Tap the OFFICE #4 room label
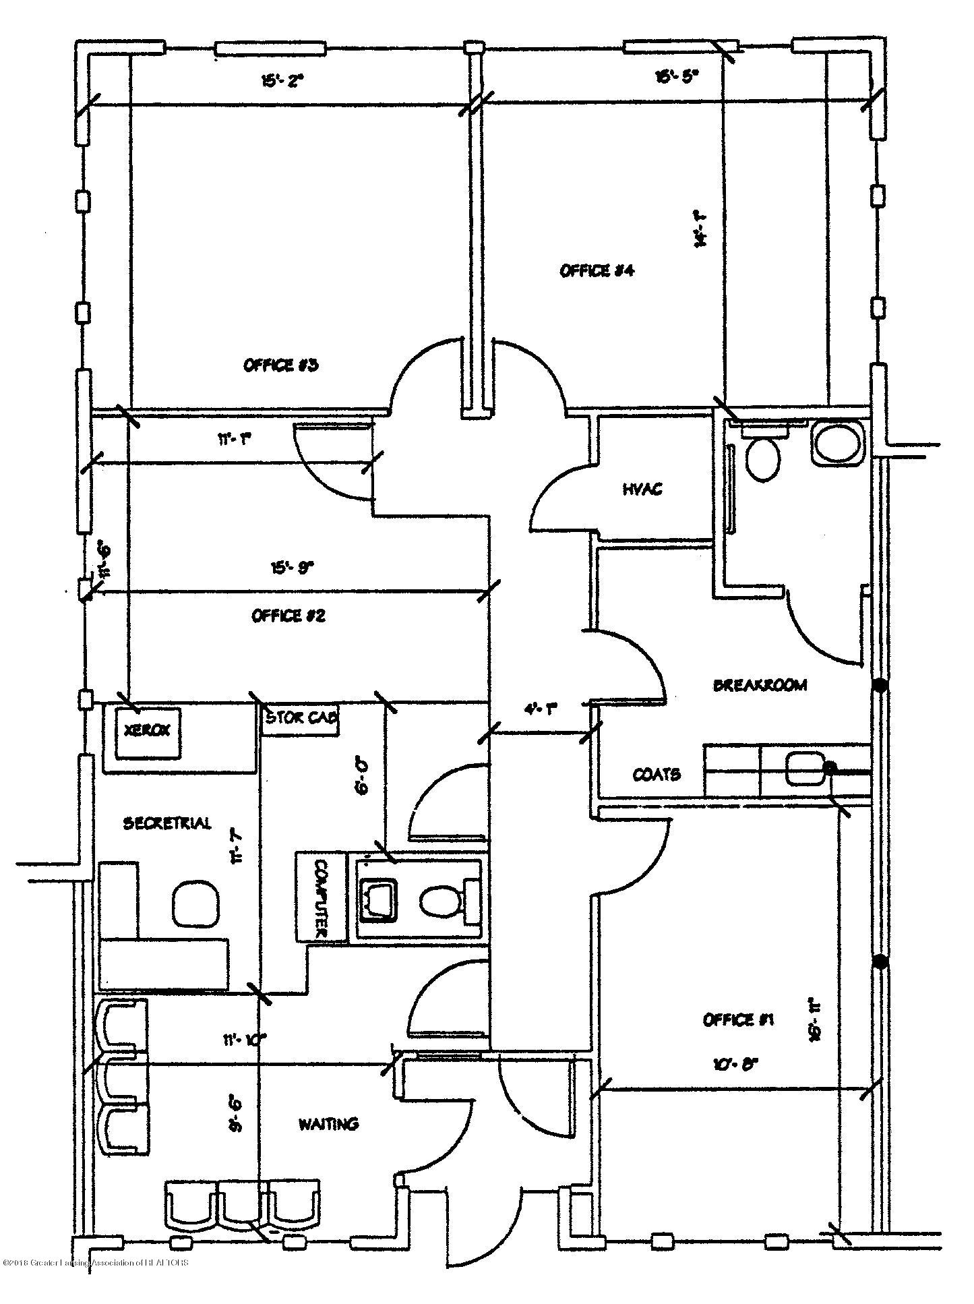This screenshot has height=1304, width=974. pyautogui.click(x=597, y=271)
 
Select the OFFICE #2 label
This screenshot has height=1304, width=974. pyautogui.click(x=288, y=616)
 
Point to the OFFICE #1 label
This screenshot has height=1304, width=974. pyautogui.click(x=738, y=1019)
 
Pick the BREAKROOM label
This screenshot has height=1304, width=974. pyautogui.click(x=760, y=685)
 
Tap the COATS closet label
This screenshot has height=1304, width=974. pyautogui.click(x=656, y=774)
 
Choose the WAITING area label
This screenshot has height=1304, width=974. pyautogui.click(x=329, y=1124)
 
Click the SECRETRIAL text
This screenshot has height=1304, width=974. pyautogui.click(x=167, y=823)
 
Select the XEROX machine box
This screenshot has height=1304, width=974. pyautogui.click(x=148, y=731)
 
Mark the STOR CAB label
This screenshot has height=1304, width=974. pyautogui.click(x=300, y=717)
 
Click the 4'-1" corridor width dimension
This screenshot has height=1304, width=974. pyautogui.click(x=541, y=709)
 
